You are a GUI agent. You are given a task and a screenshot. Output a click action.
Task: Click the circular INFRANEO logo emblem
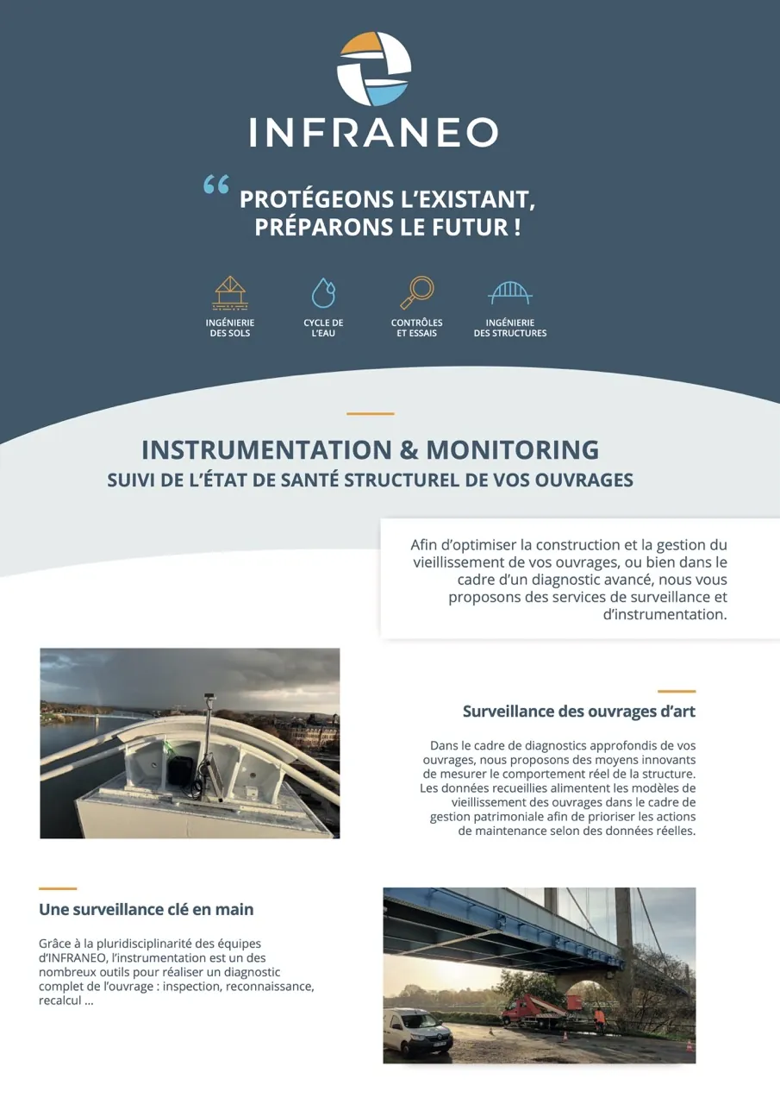(x=374, y=68)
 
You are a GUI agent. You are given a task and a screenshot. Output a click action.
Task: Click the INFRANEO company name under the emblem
(x=374, y=133)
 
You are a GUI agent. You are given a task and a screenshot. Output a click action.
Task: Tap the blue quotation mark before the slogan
(x=216, y=185)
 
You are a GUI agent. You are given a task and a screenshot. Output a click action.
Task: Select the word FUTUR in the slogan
(x=472, y=228)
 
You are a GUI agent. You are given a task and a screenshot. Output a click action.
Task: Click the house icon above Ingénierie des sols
(x=230, y=293)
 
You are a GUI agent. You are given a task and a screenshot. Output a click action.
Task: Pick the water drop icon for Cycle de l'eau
(x=323, y=293)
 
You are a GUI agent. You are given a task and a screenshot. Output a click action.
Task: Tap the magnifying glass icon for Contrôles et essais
(x=417, y=293)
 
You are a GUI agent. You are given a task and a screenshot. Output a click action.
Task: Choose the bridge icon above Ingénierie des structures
(x=509, y=293)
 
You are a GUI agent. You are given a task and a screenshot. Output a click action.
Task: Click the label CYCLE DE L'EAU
(x=323, y=328)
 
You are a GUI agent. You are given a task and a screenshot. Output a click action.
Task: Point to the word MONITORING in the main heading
(x=512, y=449)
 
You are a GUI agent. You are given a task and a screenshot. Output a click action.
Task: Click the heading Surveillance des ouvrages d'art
(x=578, y=712)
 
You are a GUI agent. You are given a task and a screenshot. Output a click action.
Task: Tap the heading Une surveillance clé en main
(x=147, y=909)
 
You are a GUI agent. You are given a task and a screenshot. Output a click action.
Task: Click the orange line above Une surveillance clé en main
(x=58, y=888)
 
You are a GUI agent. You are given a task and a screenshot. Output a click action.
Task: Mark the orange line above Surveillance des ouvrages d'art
(x=677, y=691)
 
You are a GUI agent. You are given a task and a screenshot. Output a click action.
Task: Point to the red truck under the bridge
(x=528, y=1008)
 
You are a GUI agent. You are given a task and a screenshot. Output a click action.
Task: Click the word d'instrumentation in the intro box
(x=665, y=615)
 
